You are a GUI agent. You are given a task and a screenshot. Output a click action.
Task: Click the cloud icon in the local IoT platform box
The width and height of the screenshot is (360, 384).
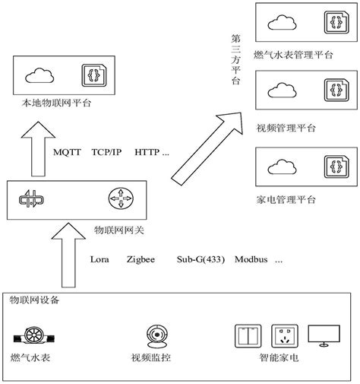click(38, 75)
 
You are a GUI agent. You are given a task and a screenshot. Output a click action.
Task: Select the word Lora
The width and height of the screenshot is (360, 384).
click(99, 259)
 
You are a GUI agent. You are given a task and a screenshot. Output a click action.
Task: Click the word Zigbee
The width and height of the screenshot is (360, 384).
click(141, 259)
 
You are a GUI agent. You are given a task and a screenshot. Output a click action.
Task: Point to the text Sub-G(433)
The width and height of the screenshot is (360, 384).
click(201, 259)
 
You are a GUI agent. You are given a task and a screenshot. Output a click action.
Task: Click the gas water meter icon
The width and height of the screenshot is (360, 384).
click(33, 335)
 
